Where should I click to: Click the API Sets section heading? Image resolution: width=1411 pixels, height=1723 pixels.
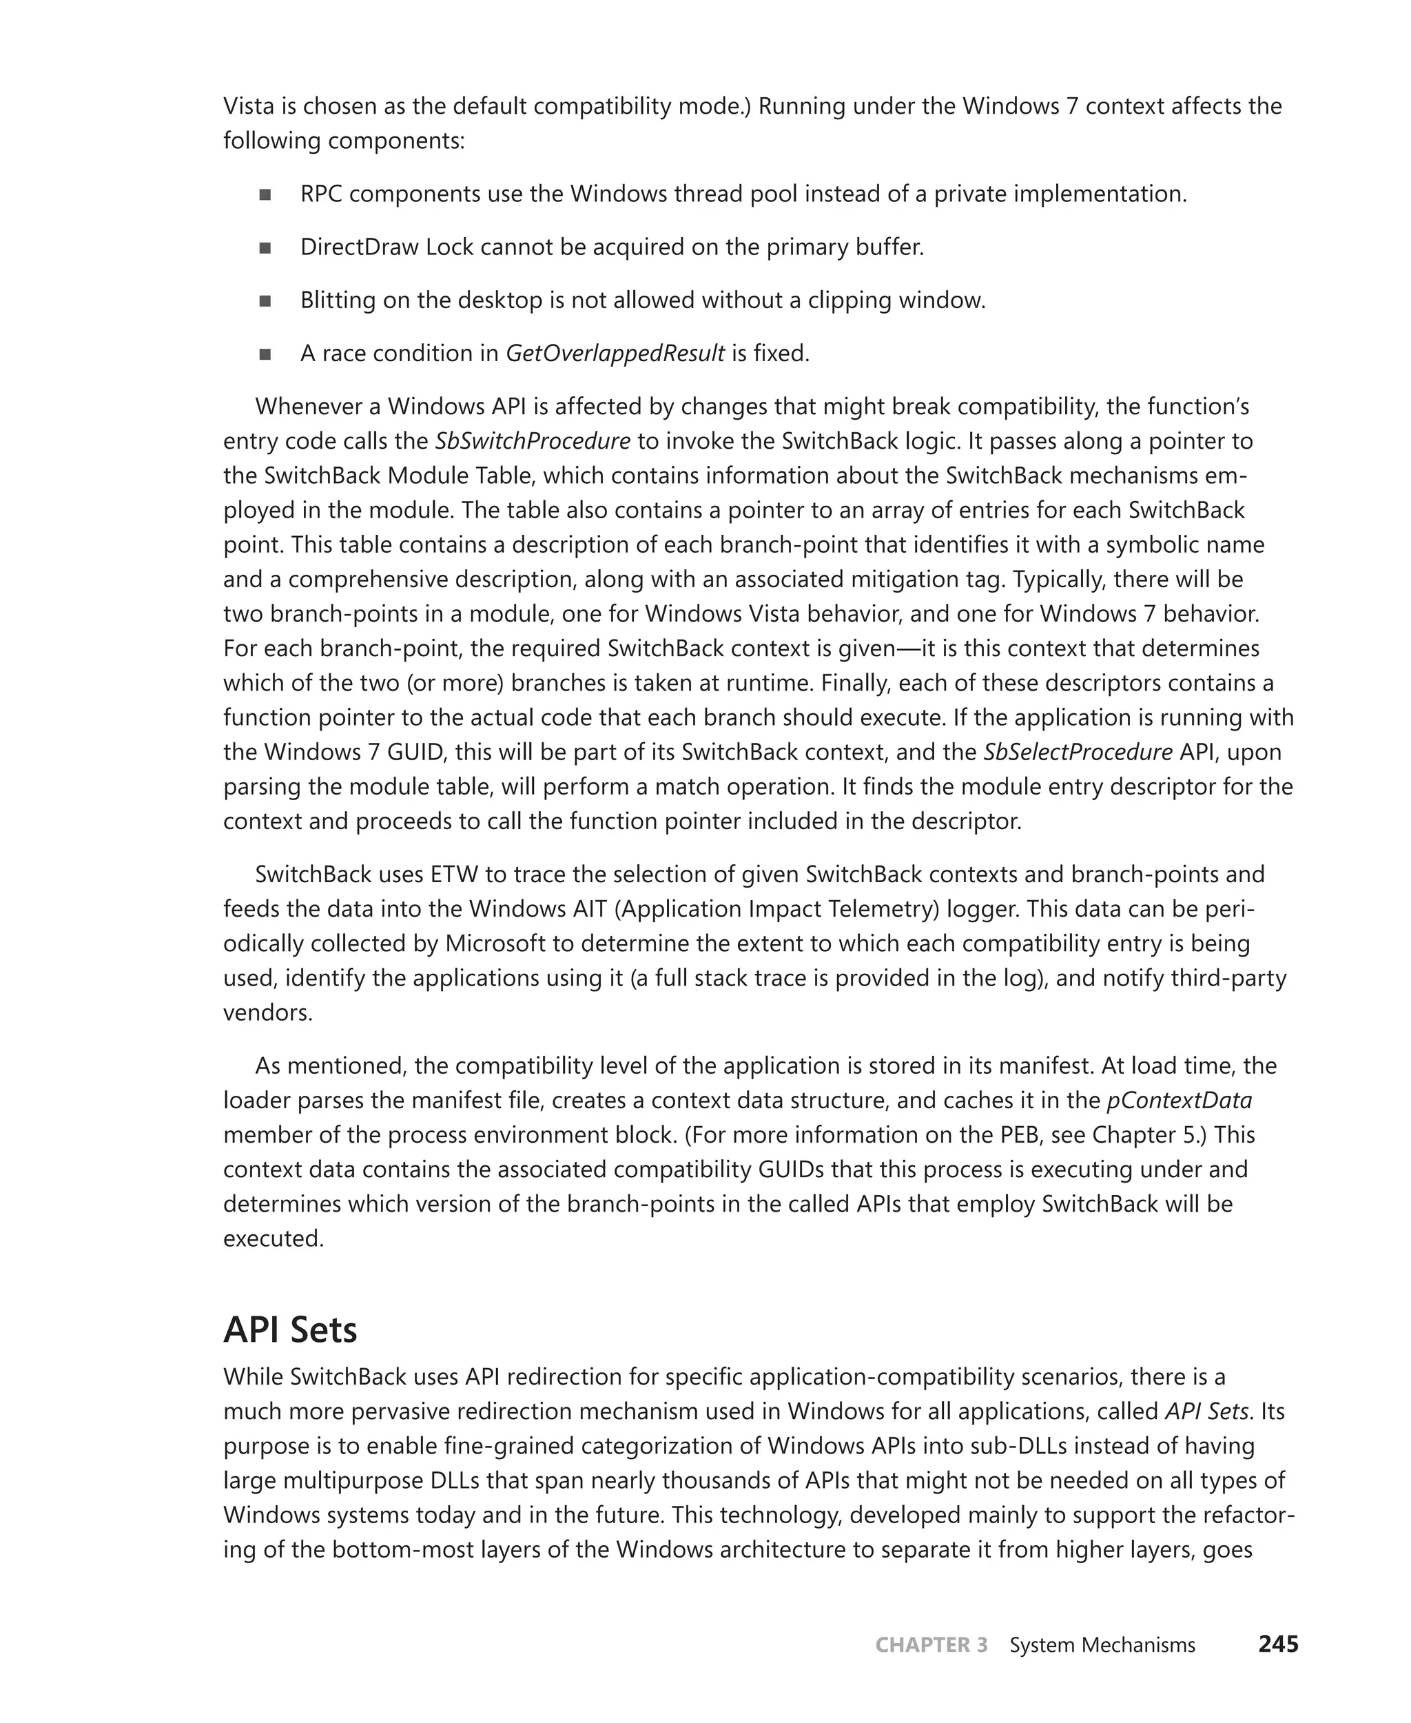290,1329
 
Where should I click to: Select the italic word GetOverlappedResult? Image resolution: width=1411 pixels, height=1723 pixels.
615,354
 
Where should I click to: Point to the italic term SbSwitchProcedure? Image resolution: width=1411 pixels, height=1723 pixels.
533,440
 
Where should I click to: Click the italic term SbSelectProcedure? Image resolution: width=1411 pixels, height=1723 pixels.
1078,751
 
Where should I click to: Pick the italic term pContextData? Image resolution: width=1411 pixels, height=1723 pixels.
1180,1100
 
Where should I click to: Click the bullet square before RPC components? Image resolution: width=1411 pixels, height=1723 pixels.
265,194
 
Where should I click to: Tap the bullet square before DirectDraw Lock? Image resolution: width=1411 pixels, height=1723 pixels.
265,248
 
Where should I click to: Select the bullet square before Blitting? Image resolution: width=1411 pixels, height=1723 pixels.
265,301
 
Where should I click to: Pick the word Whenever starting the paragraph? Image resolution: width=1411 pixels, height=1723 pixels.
316,406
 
